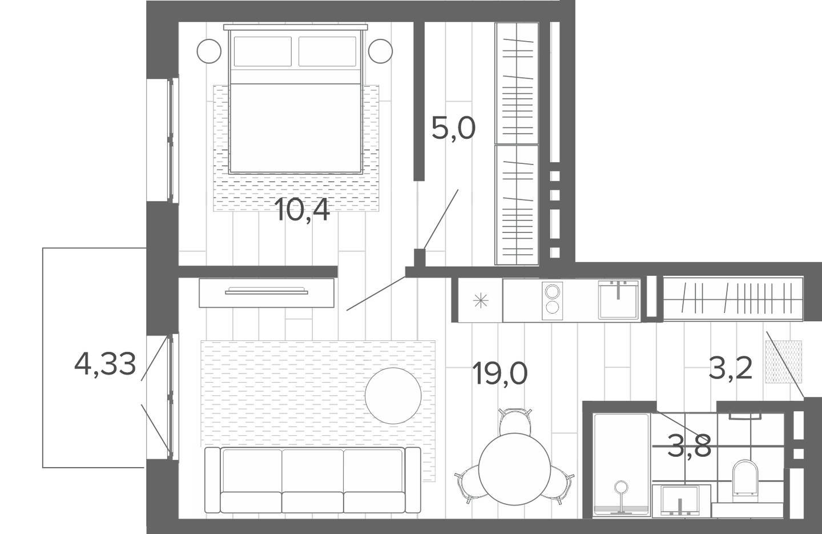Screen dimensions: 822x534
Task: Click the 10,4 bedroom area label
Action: (303, 210)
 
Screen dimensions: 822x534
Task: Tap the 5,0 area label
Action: (453, 128)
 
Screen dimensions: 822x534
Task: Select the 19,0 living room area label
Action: (500, 374)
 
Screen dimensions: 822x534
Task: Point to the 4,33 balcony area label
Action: (105, 365)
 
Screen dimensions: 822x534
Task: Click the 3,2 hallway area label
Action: (731, 369)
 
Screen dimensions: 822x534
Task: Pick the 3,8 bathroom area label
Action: (689, 445)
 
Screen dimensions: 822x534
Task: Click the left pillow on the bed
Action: (263, 51)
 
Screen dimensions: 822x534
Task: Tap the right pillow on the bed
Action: (327, 51)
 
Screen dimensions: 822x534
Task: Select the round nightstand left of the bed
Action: (209, 51)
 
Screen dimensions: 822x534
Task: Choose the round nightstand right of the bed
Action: (381, 51)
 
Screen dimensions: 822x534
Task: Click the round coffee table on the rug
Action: (393, 396)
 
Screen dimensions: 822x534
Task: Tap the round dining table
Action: (515, 469)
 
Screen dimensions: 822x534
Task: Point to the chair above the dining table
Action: (515, 421)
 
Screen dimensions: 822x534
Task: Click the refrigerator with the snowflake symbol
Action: (481, 300)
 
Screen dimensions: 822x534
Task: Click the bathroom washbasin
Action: (681, 501)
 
